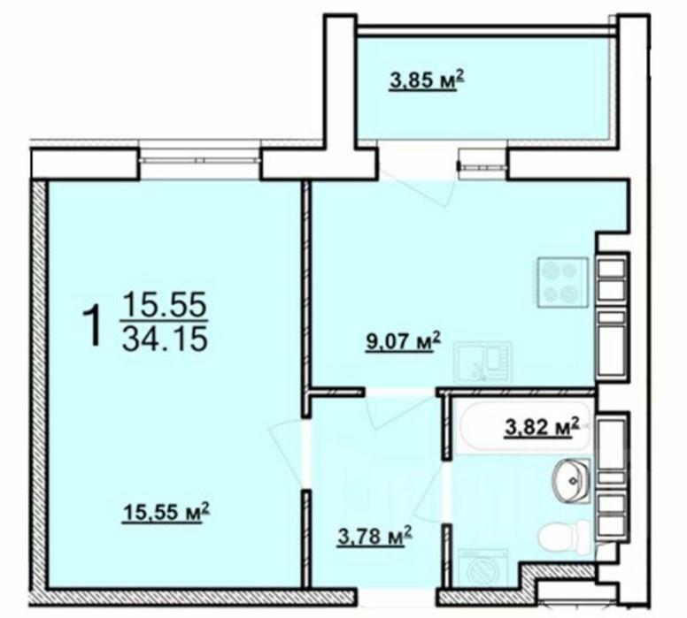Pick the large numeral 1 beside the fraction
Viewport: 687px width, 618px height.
tap(90, 324)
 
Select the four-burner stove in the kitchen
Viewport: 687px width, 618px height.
tap(558, 283)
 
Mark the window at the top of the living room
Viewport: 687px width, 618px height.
tap(199, 159)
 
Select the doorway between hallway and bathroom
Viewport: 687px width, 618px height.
tap(447, 490)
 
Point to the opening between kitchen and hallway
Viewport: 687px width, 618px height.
tap(401, 390)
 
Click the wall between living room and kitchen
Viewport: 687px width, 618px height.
tap(305, 283)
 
